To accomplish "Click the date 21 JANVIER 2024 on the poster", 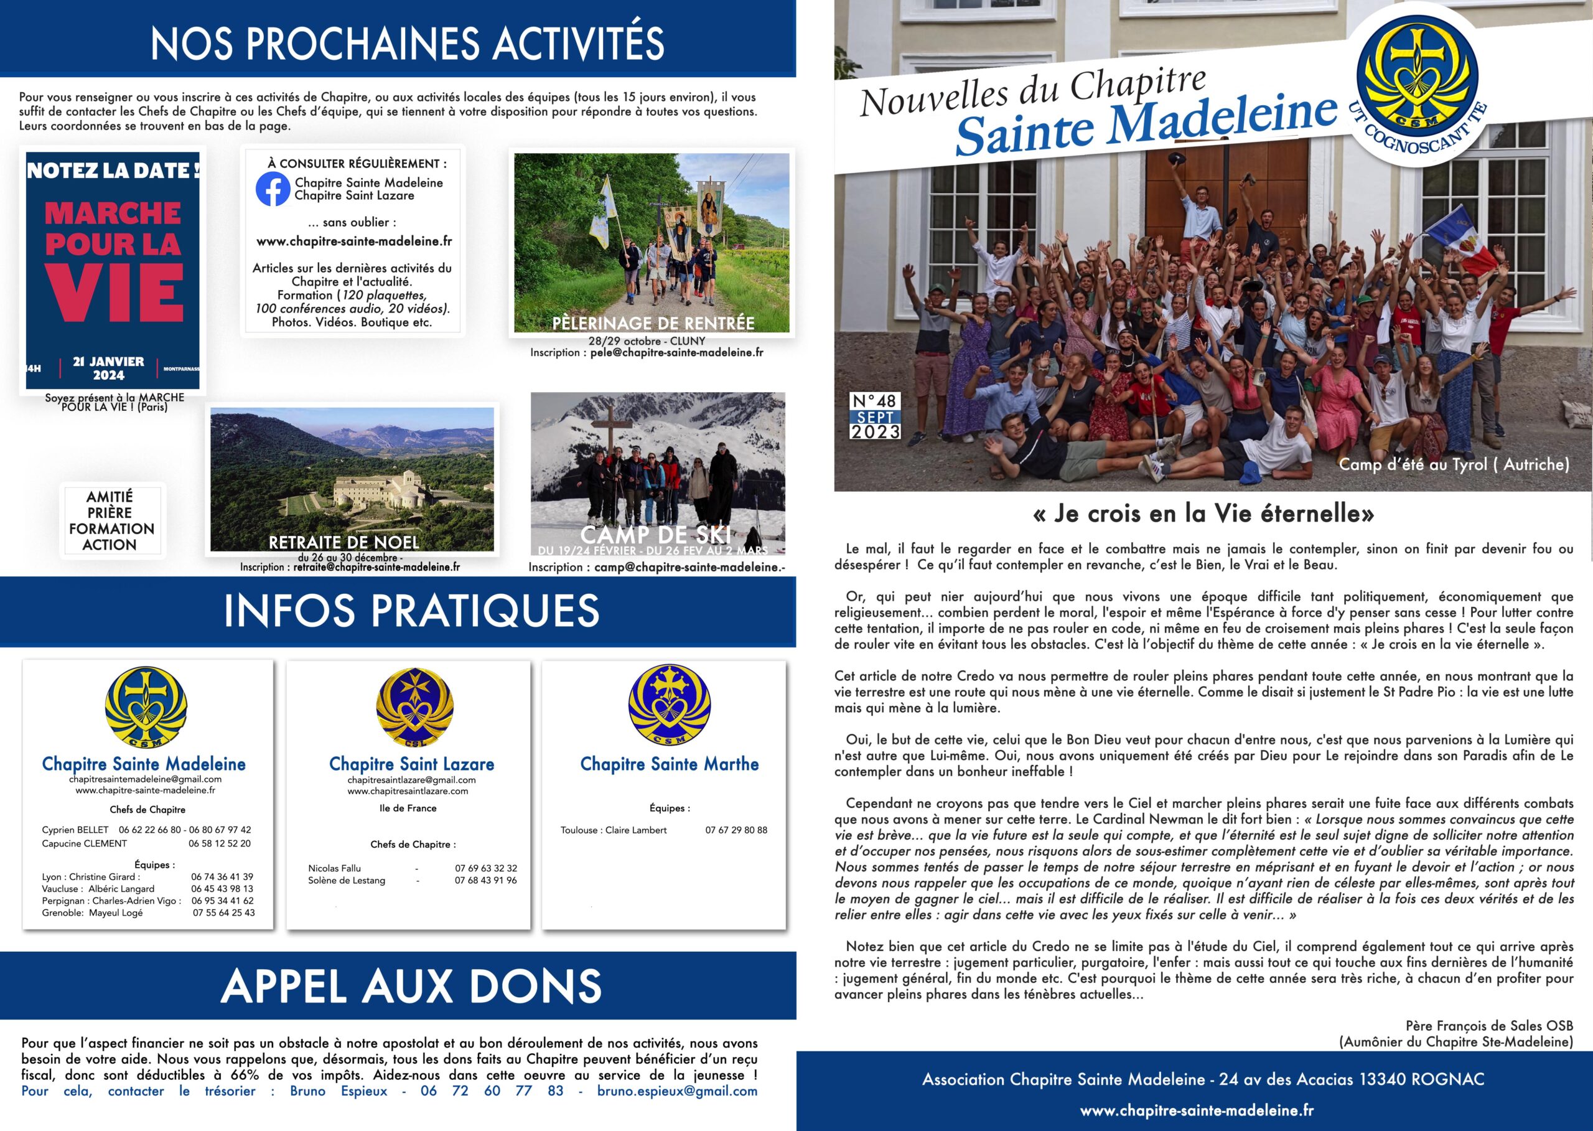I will tap(109, 368).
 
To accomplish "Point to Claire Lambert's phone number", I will tap(736, 830).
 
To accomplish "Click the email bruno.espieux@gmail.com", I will tap(677, 1091).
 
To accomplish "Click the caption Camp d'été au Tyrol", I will tap(1454, 464).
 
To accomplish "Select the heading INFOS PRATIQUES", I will tap(411, 611).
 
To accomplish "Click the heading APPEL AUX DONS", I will tap(411, 986).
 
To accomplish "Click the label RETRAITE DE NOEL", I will tap(343, 542).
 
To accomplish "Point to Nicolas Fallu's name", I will tap(334, 868).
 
